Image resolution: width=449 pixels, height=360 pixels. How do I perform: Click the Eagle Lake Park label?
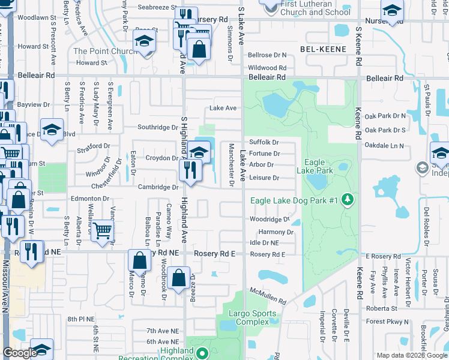coord(319,166)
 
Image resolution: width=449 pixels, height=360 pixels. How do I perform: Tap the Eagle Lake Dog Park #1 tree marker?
coord(346,199)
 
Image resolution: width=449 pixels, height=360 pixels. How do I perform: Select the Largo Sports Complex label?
coord(253,317)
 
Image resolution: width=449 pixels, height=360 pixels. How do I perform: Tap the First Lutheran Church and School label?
coord(315,8)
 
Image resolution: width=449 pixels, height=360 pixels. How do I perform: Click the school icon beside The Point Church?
coord(145,43)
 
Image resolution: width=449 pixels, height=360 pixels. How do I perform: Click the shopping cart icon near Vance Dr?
coord(103,230)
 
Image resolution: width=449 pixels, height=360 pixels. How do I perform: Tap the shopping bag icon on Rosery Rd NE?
coord(139,261)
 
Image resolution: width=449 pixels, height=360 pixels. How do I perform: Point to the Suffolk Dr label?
coord(264,142)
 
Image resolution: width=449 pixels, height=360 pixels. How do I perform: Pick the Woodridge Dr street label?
coord(270,220)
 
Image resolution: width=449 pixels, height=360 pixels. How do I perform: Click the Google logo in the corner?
coord(20,353)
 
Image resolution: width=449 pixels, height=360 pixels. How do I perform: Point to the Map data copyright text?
coord(411,355)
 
